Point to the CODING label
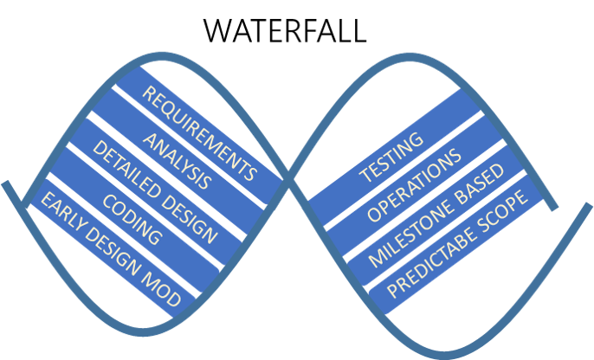point(131,217)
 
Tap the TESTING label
point(391,157)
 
